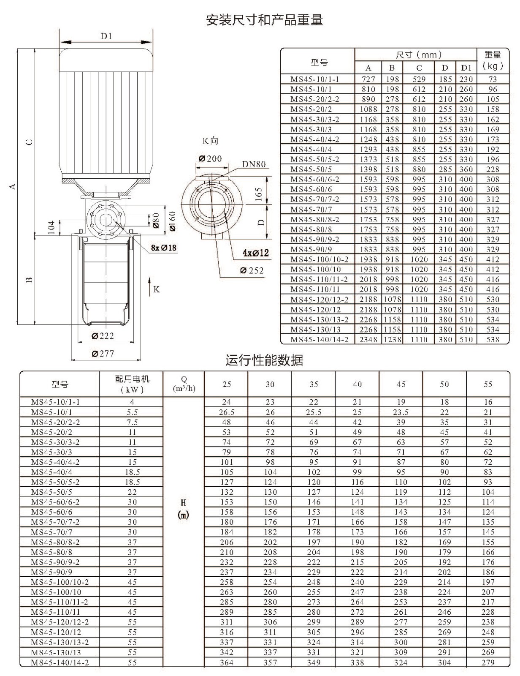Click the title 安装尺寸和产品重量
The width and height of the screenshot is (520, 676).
pyautogui.click(x=264, y=20)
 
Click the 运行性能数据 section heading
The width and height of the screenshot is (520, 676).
pyautogui.click(x=264, y=360)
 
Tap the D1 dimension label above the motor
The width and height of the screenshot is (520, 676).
pyautogui.click(x=106, y=36)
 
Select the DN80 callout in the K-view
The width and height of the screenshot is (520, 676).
pyautogui.click(x=254, y=164)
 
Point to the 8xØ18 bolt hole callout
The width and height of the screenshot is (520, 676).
pyautogui.click(x=164, y=248)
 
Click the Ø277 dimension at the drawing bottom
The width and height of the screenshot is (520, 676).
pyautogui.click(x=103, y=353)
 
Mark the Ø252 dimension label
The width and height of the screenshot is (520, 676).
pyautogui.click(x=252, y=270)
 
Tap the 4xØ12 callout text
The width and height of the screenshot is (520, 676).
pyautogui.click(x=256, y=253)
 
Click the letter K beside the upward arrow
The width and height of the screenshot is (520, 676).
pyautogui.click(x=157, y=289)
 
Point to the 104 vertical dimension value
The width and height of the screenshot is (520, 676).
pyautogui.click(x=51, y=227)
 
